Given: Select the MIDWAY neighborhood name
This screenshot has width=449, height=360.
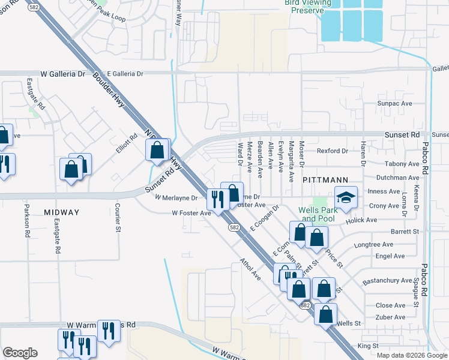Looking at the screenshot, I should [x=61, y=212].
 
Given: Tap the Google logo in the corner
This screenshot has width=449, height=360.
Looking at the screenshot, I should [x=20, y=353].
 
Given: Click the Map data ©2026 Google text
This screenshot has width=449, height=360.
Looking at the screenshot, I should [x=412, y=355].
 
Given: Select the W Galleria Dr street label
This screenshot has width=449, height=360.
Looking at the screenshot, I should [x=63, y=74].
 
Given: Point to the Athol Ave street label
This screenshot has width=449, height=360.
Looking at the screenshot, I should [x=251, y=269].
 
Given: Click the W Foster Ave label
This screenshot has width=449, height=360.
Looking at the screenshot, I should [x=191, y=213].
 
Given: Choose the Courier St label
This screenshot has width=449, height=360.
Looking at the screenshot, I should [x=118, y=217].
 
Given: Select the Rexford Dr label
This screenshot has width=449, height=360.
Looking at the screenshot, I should [x=333, y=151].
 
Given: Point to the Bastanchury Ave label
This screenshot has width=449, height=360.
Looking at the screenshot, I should [x=387, y=281].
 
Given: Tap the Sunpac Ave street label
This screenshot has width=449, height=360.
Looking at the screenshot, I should [x=394, y=104].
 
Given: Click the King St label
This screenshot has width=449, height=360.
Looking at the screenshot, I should [x=368, y=346].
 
